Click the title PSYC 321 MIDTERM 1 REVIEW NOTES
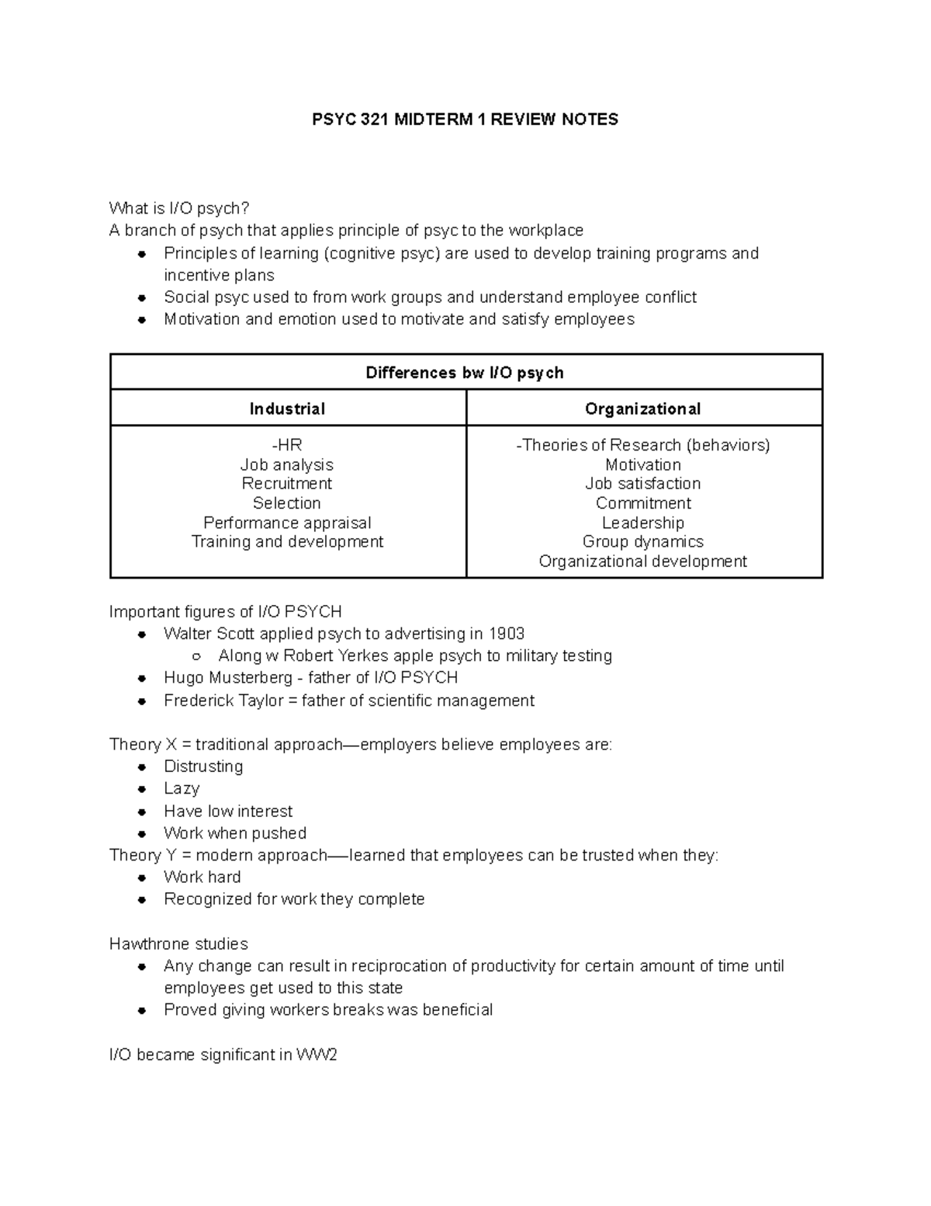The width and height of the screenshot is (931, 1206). pyautogui.click(x=465, y=120)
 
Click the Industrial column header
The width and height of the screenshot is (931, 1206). pyautogui.click(x=287, y=408)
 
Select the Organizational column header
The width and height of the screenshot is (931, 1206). pyautogui.click(x=642, y=408)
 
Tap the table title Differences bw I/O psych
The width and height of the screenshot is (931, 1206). pyautogui.click(x=465, y=373)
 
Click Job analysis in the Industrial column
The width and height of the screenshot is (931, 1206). pyautogui.click(x=287, y=464)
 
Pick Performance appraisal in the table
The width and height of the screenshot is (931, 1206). pyautogui.click(x=287, y=523)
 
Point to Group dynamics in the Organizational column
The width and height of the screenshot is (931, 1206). pyautogui.click(x=642, y=541)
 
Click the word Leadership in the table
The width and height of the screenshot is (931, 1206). pyautogui.click(x=642, y=523)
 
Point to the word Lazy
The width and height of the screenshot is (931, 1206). pyautogui.click(x=182, y=789)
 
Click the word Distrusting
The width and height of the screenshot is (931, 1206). pyautogui.click(x=203, y=766)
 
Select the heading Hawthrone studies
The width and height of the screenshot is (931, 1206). pyautogui.click(x=178, y=944)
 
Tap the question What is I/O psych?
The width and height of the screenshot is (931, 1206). pyautogui.click(x=179, y=208)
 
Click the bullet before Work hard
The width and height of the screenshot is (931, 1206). pyautogui.click(x=142, y=878)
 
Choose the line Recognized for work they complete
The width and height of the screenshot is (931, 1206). pyautogui.click(x=294, y=899)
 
